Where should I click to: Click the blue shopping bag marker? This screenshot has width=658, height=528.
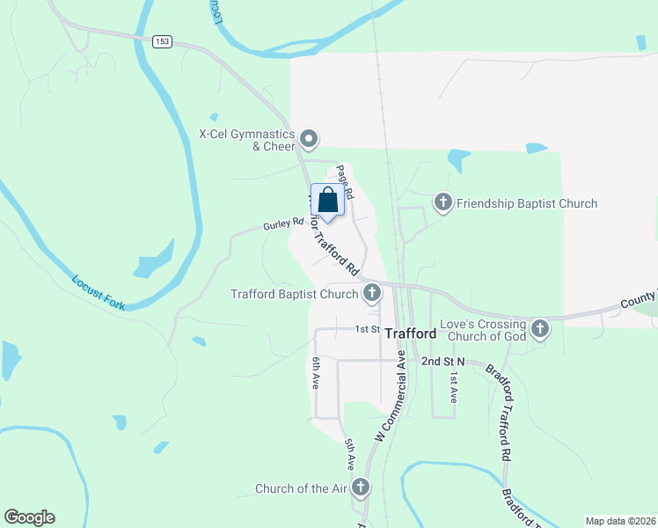pos(328,201)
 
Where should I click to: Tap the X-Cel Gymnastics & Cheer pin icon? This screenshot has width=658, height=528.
pos(309,139)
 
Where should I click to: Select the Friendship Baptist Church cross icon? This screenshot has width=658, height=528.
pos(443,203)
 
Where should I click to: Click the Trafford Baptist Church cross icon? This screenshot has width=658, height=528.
pos(372,293)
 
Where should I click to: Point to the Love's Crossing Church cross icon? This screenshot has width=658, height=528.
pos(540,329)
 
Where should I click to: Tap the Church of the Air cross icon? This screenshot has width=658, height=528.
pos(361,488)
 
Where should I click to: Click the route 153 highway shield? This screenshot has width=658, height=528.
pos(161,41)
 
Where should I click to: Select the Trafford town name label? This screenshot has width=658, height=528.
pos(411,334)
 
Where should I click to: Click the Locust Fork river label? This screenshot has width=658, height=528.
pos(99,292)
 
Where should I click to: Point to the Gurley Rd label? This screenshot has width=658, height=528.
pos(277,225)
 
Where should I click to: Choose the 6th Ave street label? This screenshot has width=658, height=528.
pos(315,373)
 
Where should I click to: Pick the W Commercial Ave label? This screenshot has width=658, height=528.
pos(391,396)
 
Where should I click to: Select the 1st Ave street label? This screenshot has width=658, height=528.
pos(454,386)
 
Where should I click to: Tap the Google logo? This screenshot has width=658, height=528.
pos(29,517)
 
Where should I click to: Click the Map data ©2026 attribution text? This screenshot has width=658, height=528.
pos(620,521)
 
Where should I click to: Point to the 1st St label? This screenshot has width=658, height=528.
pos(366,329)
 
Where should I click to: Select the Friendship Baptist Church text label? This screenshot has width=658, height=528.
pos(527,203)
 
